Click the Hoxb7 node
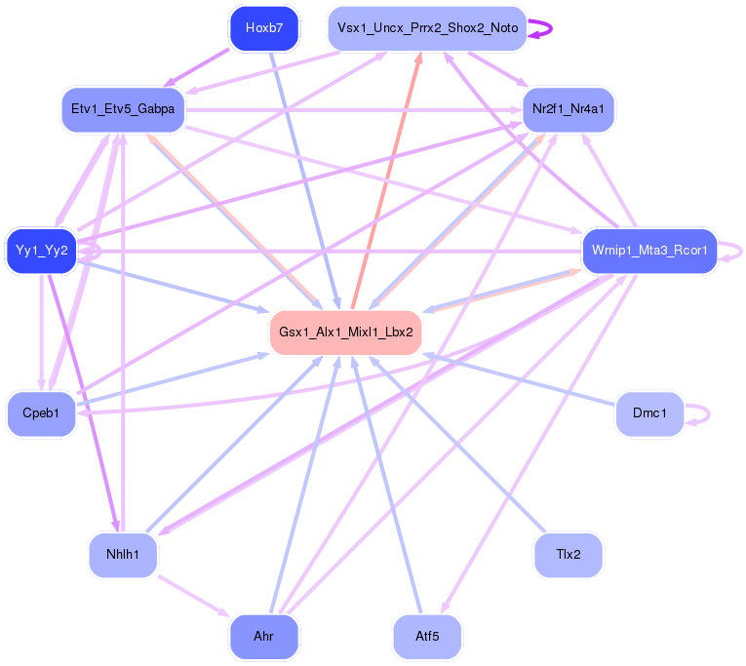click(264, 28)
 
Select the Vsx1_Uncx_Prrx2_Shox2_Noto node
click(427, 28)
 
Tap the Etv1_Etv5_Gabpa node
click(123, 109)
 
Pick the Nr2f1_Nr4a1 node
click(569, 109)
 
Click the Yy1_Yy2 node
click(41, 251)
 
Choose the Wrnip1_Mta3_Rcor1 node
click(649, 251)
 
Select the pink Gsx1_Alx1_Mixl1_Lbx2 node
click(346, 333)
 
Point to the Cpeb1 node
click(41, 413)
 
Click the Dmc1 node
click(649, 413)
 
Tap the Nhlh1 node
click(123, 555)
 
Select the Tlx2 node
click(569, 555)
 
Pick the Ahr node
click(264, 637)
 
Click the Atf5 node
click(427, 637)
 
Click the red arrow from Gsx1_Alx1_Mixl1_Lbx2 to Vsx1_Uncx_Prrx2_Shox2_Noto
click(386, 180)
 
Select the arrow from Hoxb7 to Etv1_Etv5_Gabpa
click(196, 68)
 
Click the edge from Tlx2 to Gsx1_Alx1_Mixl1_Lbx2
click(456, 444)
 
